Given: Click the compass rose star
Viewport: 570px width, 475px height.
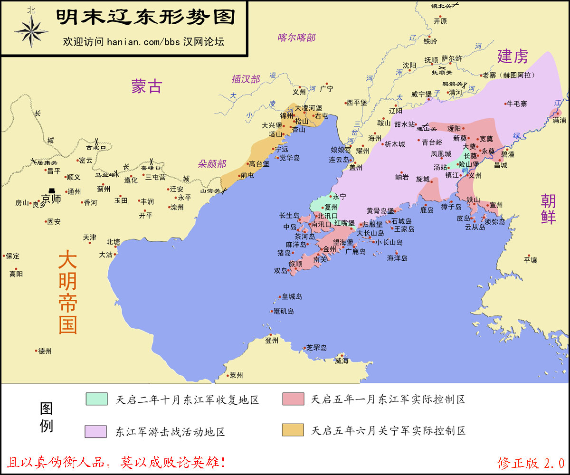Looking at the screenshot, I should (31, 31).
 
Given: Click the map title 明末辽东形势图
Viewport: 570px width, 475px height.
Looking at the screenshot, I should (146, 18).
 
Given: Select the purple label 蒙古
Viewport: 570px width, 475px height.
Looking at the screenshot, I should (147, 86).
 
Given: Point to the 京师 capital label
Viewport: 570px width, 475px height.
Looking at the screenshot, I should (51, 199).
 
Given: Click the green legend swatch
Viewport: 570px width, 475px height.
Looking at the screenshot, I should (97, 399).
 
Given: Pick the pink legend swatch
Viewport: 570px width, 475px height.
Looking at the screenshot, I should (293, 399).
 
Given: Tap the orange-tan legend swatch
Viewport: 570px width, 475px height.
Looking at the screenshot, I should (293, 430).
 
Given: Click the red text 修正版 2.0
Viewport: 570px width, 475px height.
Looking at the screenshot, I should (531, 462).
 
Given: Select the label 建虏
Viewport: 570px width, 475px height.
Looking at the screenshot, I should (513, 57).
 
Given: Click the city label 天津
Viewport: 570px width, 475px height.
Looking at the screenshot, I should (89, 237).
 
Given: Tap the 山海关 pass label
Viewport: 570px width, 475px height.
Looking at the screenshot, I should (210, 190).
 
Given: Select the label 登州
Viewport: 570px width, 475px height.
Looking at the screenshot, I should (272, 340).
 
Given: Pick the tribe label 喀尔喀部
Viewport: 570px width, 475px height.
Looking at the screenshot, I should (297, 38).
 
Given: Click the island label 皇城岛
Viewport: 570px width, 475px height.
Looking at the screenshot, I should (292, 296).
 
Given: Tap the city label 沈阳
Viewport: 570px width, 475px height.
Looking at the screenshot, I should (409, 65).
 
